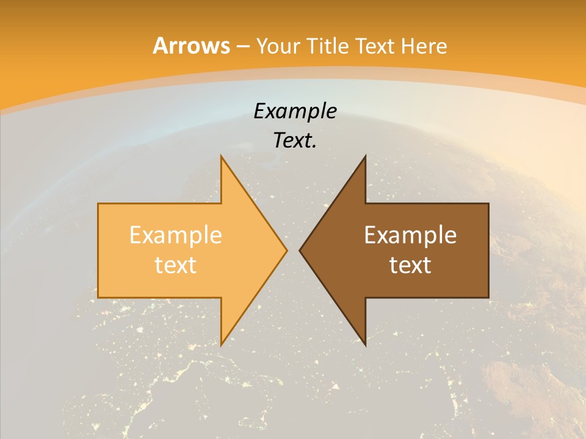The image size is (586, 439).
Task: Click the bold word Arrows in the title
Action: (191, 46)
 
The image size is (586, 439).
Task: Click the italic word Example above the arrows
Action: (295, 111)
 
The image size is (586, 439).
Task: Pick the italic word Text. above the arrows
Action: (295, 140)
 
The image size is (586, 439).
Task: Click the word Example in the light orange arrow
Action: (176, 235)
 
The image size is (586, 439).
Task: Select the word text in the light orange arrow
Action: (176, 265)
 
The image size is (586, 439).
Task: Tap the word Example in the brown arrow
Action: (410, 235)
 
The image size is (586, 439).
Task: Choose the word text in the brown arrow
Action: (410, 265)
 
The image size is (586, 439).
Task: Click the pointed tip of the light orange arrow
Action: (286, 250)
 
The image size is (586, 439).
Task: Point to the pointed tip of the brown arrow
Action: (300, 250)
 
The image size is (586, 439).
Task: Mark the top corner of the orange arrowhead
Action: (222, 156)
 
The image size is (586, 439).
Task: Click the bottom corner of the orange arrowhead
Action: (222, 344)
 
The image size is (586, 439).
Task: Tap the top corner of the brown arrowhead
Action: (365, 156)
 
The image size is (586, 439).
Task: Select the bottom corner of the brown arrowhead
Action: (365, 344)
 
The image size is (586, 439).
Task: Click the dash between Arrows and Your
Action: (242, 46)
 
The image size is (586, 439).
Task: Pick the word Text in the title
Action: (372, 46)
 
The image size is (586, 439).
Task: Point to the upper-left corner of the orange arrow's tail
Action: (98, 204)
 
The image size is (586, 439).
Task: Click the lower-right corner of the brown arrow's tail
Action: (488, 297)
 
